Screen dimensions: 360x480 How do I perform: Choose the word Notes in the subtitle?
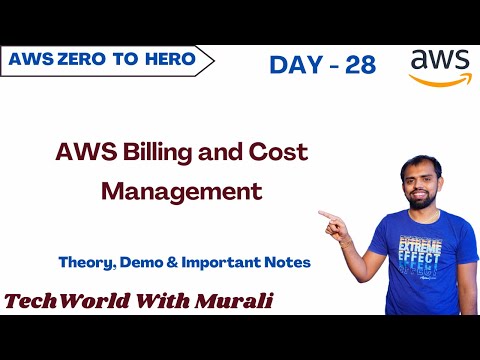pyautogui.click(x=283, y=262)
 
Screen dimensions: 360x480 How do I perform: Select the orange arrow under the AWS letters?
pyautogui.click(x=439, y=81)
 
